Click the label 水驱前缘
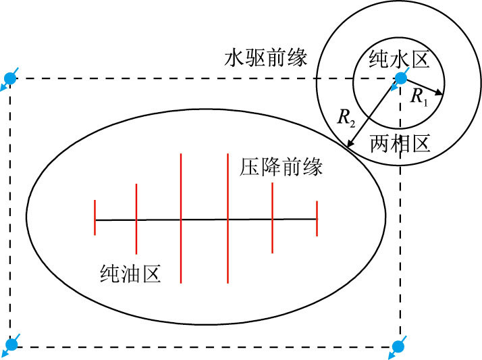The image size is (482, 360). click(265, 59)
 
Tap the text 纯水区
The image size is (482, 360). click(399, 61)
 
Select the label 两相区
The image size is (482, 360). click(400, 143)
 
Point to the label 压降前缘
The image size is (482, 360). click(281, 167)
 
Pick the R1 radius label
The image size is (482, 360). click(419, 97)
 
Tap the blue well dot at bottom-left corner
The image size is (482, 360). click(11, 345)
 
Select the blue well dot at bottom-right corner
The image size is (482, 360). click(398, 346)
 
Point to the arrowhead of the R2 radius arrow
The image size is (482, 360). click(349, 143)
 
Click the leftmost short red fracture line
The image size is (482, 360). click(95, 217)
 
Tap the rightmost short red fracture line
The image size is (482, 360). click(317, 218)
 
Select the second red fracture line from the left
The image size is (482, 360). click(136, 218)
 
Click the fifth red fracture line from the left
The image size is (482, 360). click(272, 217)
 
